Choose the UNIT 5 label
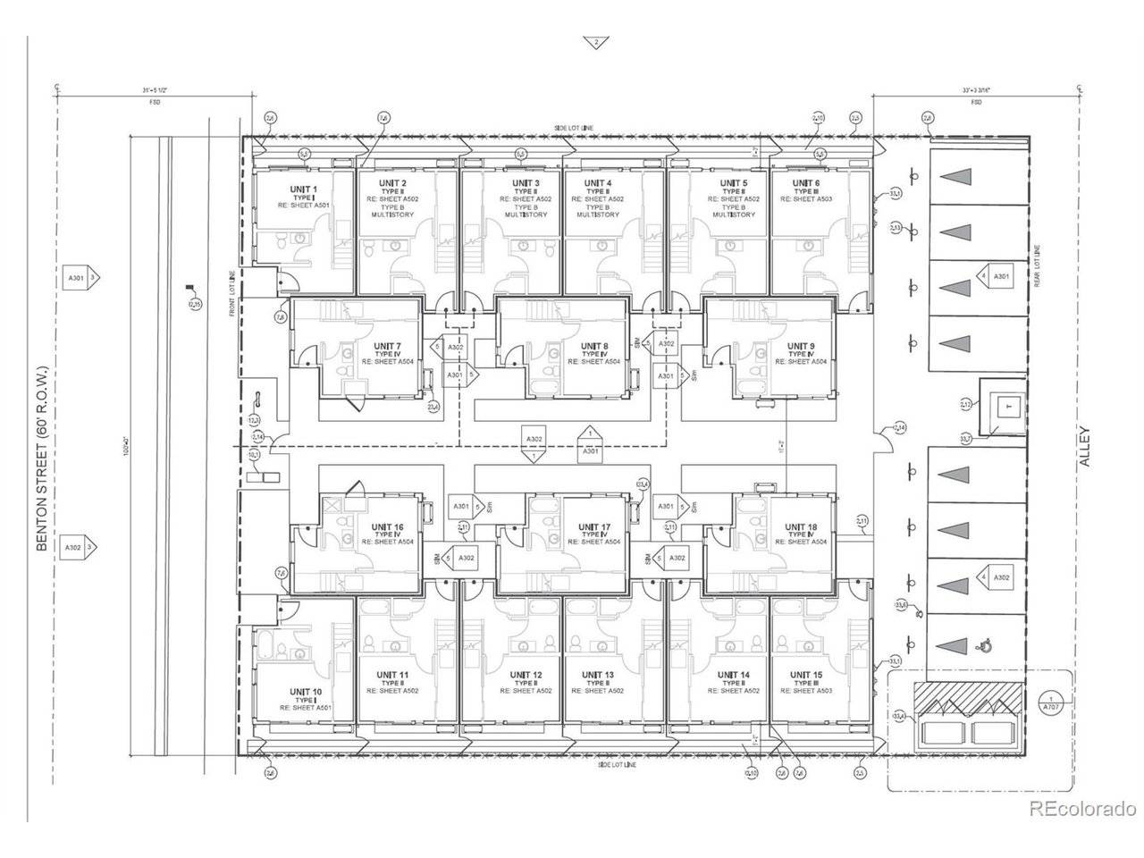(733, 183)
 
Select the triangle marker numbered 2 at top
(593, 42)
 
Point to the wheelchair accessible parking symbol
(987, 643)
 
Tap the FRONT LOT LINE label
(231, 293)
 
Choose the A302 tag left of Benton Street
(74, 547)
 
